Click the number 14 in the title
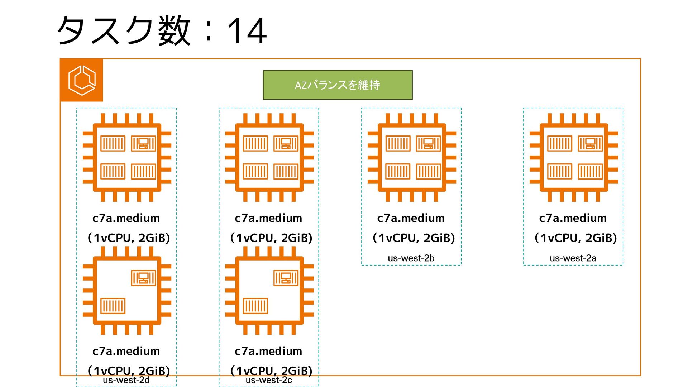coord(247,32)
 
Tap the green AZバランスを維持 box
coord(338,85)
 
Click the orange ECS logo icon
coord(82,80)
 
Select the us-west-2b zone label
coord(411,258)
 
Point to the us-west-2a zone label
coord(573,258)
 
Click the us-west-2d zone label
coord(126,380)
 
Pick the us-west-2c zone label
coord(269,380)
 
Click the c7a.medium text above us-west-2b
coord(411,218)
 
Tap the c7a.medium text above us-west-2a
coord(573,218)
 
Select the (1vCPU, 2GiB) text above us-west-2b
coord(414,238)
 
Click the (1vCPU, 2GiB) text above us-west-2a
coord(575,238)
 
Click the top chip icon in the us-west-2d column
coord(127,158)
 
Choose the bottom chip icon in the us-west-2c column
coord(269,291)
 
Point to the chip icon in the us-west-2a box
coord(574,158)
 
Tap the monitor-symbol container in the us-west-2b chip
coord(428,144)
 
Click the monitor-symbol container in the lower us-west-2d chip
coord(143,278)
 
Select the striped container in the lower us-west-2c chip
coord(255,306)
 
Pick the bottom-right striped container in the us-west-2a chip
coord(590,172)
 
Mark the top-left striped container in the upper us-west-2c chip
coord(255,144)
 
